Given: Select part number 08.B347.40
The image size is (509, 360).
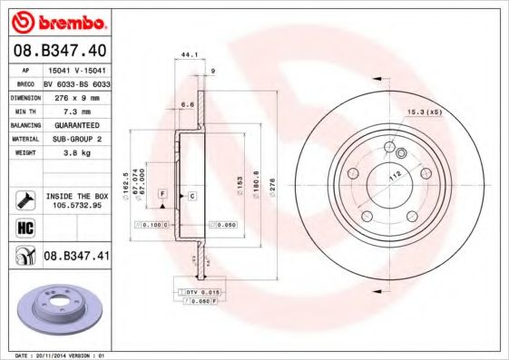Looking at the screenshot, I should pos(61,51).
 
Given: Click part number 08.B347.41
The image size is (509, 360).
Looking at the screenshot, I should pos(76,257).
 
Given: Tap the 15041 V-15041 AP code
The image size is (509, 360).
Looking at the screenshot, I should pos(76,69).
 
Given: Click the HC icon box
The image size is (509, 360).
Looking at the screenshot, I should pos(25,228).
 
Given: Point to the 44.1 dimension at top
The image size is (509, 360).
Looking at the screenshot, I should pos(189,55).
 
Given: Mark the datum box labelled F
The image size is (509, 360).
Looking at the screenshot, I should pos(162,194).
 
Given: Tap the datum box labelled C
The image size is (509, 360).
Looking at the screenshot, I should pos(192,195).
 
